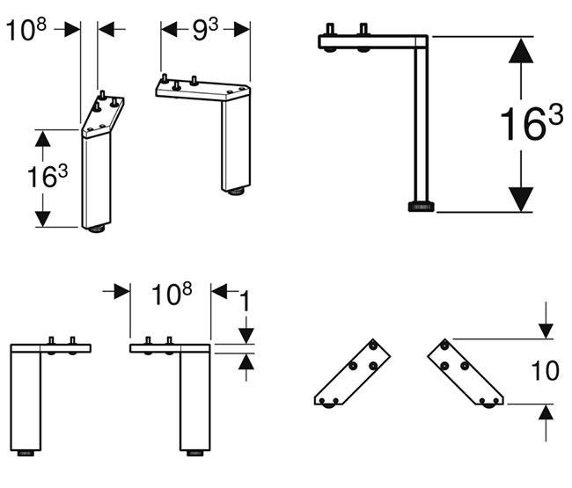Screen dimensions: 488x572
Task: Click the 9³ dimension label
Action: [205, 29]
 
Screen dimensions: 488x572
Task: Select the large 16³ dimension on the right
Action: [531, 125]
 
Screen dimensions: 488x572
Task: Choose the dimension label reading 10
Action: [546, 370]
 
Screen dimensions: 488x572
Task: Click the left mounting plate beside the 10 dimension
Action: [349, 373]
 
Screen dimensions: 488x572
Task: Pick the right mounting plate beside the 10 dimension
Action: [466, 373]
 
